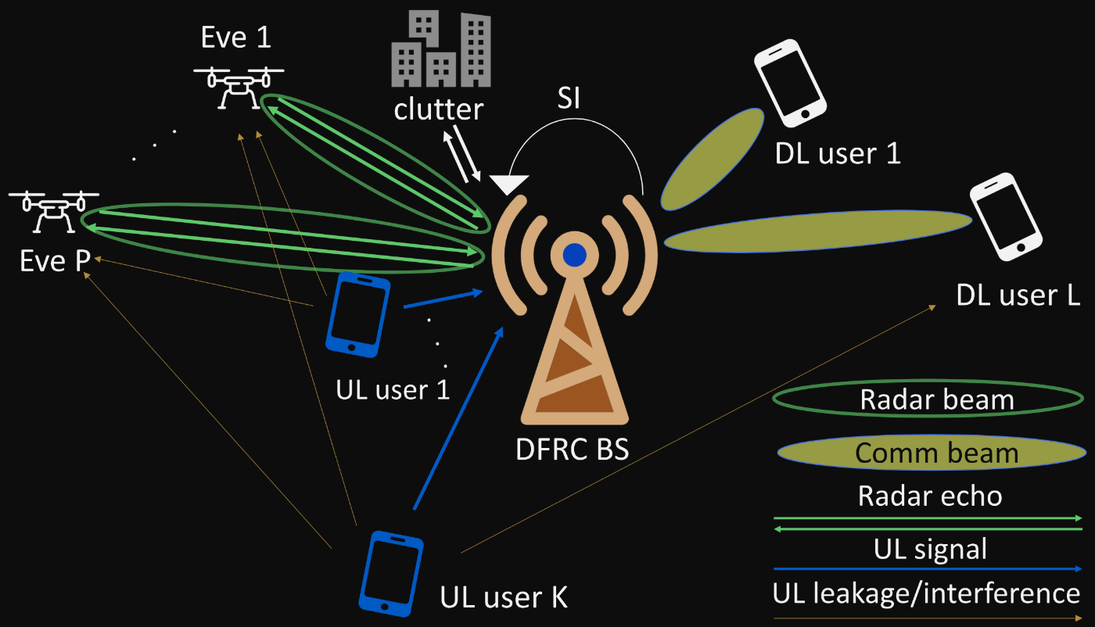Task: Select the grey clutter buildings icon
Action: (441, 52)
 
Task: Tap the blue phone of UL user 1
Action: (358, 316)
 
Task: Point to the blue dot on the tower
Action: (575, 255)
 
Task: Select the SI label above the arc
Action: (568, 101)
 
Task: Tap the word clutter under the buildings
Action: (439, 109)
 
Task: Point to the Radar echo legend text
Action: (930, 496)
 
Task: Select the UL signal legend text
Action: (930, 549)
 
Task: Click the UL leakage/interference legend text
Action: (927, 593)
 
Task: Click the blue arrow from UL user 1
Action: (442, 299)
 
